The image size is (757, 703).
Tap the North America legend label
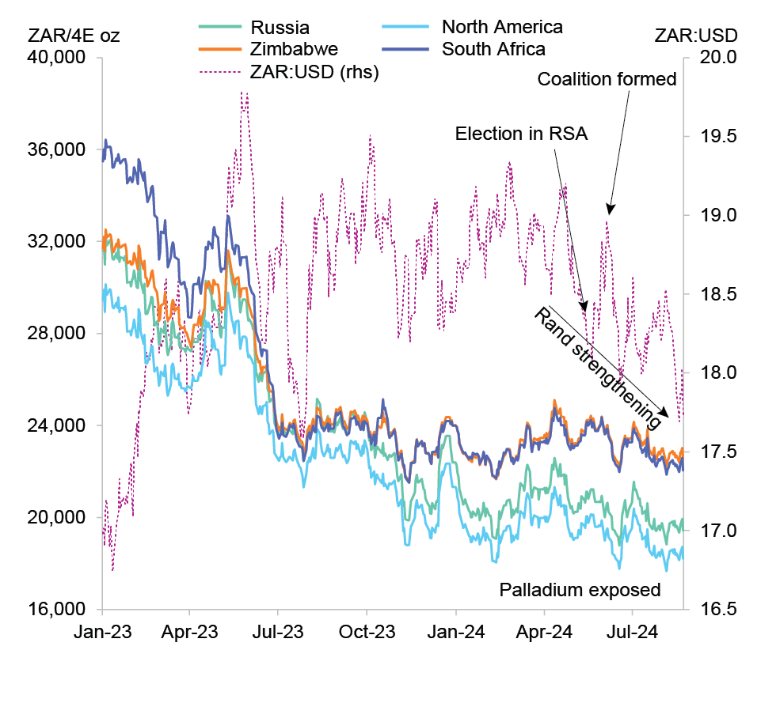coord(502,28)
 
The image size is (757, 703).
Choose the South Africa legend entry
coord(493,50)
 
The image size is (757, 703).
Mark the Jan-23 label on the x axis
coord(103,633)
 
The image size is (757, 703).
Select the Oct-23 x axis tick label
coord(367,633)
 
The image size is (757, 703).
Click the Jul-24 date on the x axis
coord(633,633)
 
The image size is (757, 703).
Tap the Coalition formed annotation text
coord(607,80)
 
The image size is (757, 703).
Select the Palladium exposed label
coord(580,590)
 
